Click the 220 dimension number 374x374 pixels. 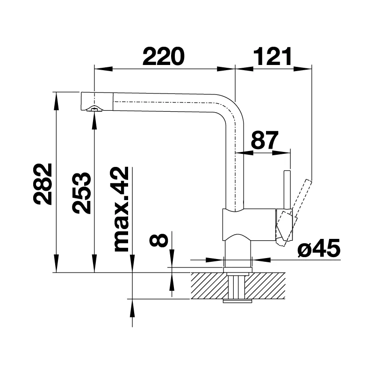[163, 56]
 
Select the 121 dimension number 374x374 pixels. [273, 56]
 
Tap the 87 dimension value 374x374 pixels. [265, 140]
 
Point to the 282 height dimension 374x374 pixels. [43, 184]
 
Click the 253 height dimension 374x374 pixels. [82, 193]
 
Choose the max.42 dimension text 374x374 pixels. [122, 209]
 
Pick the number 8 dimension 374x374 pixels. [158, 240]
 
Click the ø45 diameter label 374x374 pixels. [319, 248]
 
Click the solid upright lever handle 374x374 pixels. [287, 190]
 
